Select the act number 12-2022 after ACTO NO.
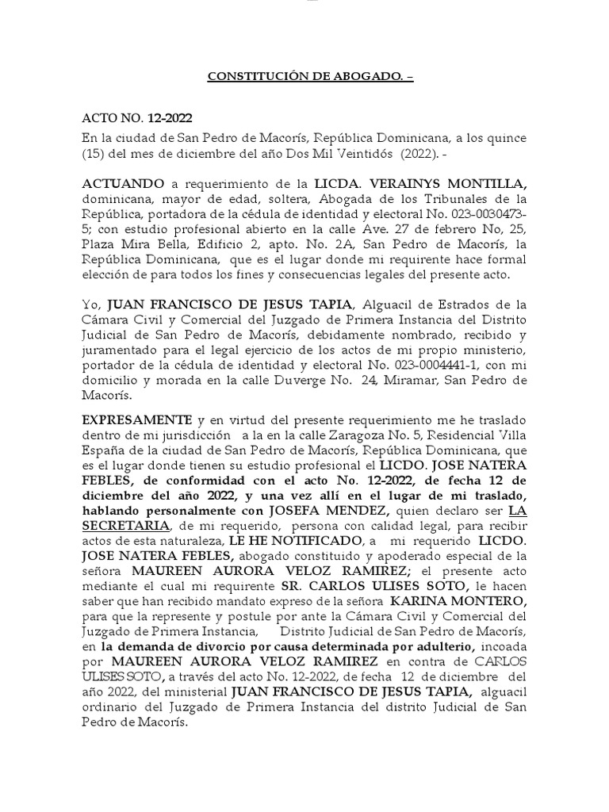click(164, 118)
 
